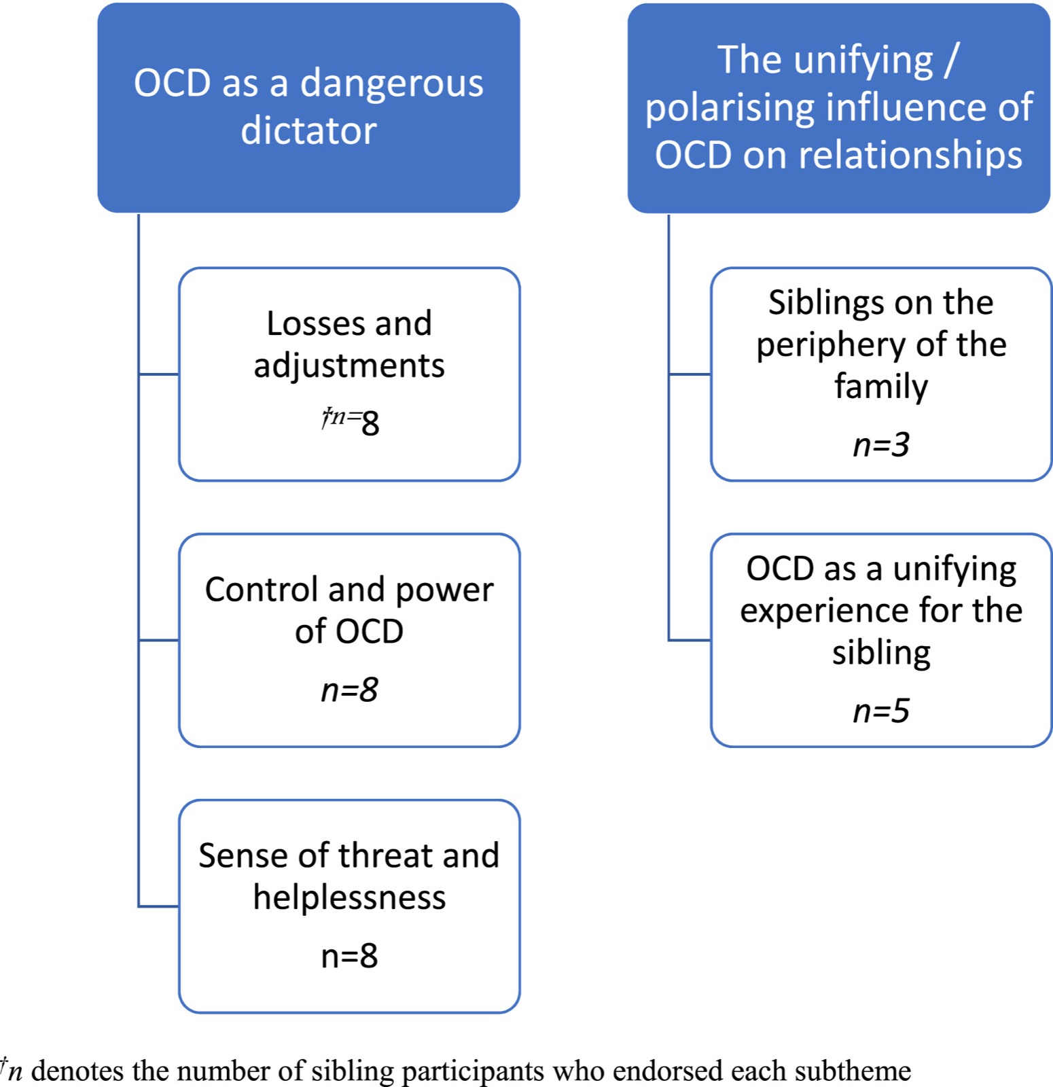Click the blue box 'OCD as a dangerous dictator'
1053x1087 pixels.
[308, 107]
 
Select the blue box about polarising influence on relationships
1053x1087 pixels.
[839, 108]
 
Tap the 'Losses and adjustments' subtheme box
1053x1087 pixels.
[349, 374]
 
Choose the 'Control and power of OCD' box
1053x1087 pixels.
[349, 640]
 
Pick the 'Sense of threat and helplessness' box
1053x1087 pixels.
[349, 906]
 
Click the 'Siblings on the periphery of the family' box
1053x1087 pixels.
[881, 374]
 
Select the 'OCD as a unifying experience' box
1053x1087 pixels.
[881, 640]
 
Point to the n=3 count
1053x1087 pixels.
[881, 445]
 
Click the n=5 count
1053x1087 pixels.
[881, 711]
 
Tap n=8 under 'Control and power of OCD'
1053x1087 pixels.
[349, 690]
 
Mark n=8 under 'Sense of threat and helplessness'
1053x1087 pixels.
[349, 956]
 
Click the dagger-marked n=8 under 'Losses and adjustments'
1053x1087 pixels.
[351, 421]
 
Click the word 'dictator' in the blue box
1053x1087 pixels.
[308, 130]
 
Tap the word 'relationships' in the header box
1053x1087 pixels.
[910, 156]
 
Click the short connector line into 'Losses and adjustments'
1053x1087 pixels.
[158, 374]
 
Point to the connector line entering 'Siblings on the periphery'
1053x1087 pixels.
[690, 374]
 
